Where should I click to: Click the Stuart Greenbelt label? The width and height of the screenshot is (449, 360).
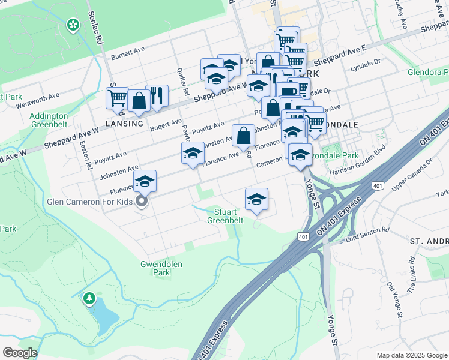(225, 216)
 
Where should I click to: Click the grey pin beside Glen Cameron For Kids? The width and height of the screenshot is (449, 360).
(142, 202)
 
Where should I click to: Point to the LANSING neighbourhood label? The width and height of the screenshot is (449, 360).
(125, 123)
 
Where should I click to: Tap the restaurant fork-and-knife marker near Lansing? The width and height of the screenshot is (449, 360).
(157, 95)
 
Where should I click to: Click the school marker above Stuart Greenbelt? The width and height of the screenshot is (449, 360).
(256, 199)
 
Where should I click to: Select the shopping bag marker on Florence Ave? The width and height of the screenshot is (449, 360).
(243, 136)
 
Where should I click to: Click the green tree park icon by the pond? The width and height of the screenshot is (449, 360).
(89, 298)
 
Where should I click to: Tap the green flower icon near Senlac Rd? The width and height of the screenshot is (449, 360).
(73, 25)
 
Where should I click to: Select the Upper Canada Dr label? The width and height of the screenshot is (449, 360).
(412, 171)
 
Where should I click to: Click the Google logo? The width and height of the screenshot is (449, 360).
(20, 352)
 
